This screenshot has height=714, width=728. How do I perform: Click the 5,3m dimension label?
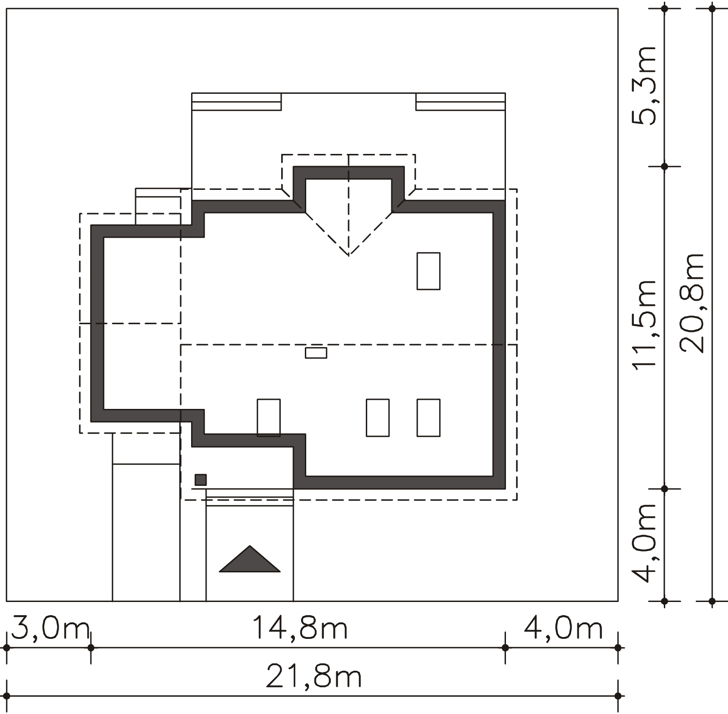pyautogui.click(x=644, y=85)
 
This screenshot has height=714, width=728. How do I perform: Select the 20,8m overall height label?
pyautogui.click(x=692, y=303)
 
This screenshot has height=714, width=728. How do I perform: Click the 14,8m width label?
pyautogui.click(x=300, y=628)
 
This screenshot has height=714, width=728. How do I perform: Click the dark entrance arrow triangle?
pyautogui.click(x=249, y=558)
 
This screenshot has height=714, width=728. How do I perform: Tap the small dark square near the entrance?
pyautogui.click(x=201, y=480)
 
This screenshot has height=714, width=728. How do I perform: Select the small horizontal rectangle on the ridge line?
pyautogui.click(x=316, y=353)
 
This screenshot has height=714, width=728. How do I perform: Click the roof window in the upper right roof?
pyautogui.click(x=429, y=271)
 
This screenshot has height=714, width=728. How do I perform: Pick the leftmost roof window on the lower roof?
pyautogui.click(x=269, y=418)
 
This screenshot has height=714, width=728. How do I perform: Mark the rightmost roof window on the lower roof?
pyautogui.click(x=429, y=418)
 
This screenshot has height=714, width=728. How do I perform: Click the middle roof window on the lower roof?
pyautogui.click(x=378, y=418)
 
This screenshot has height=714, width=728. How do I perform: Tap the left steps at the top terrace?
pyautogui.click(x=237, y=102)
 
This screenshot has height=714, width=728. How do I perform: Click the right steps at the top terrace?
pyautogui.click(x=460, y=102)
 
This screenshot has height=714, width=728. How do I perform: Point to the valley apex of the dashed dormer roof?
pyautogui.click(x=349, y=255)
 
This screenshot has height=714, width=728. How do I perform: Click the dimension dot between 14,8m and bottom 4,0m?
pyautogui.click(x=505, y=647)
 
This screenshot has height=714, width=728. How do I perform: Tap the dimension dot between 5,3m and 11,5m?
pyautogui.click(x=664, y=167)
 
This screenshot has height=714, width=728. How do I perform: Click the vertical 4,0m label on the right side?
pyautogui.click(x=644, y=543)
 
